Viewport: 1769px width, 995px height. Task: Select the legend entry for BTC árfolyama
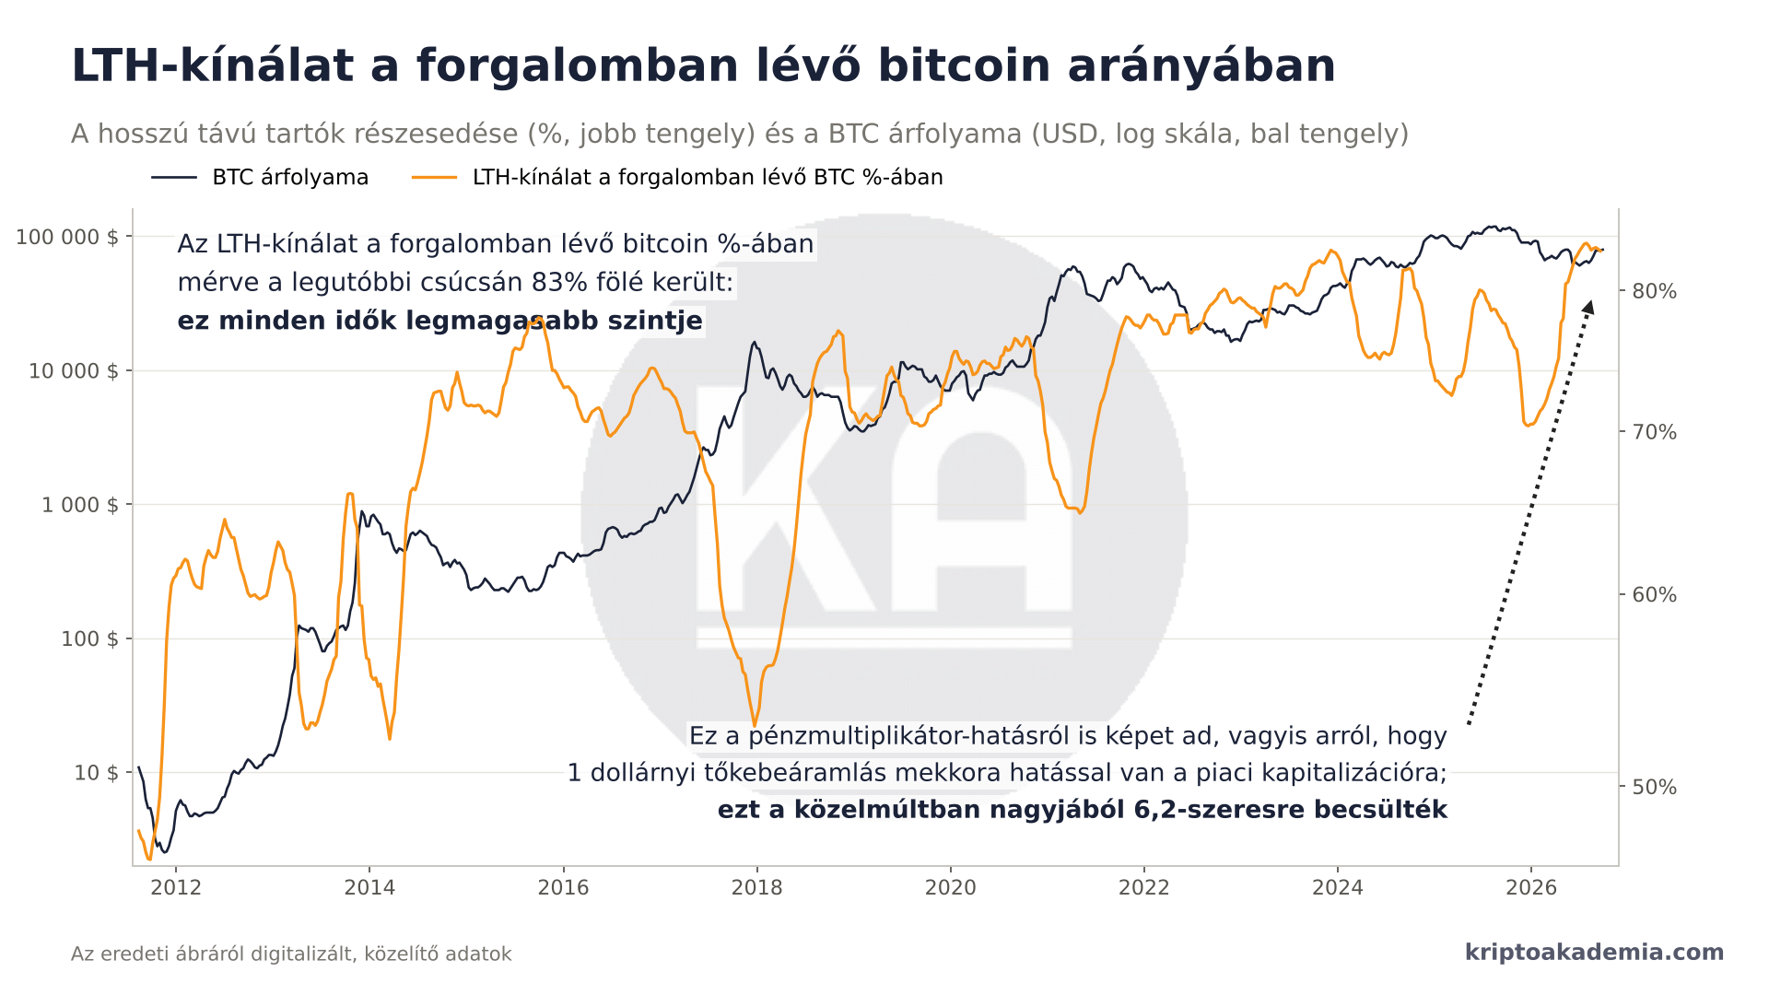(x=260, y=177)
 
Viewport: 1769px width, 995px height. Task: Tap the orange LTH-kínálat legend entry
(x=677, y=177)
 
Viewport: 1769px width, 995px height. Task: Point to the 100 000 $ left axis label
(x=67, y=237)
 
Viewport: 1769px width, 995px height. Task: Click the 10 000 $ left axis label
(x=74, y=370)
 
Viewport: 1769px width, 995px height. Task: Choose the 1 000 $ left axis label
(x=80, y=505)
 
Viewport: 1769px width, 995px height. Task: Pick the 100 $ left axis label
(x=89, y=638)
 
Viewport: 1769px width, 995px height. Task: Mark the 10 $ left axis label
(x=96, y=772)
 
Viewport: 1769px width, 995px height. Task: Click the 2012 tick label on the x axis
(x=176, y=887)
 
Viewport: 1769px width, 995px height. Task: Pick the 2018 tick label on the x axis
(x=756, y=887)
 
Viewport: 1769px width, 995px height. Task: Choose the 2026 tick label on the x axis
(x=1531, y=887)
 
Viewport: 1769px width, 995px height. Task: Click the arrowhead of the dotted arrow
(x=1588, y=308)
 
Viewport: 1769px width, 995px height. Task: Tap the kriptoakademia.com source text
(x=1594, y=953)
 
